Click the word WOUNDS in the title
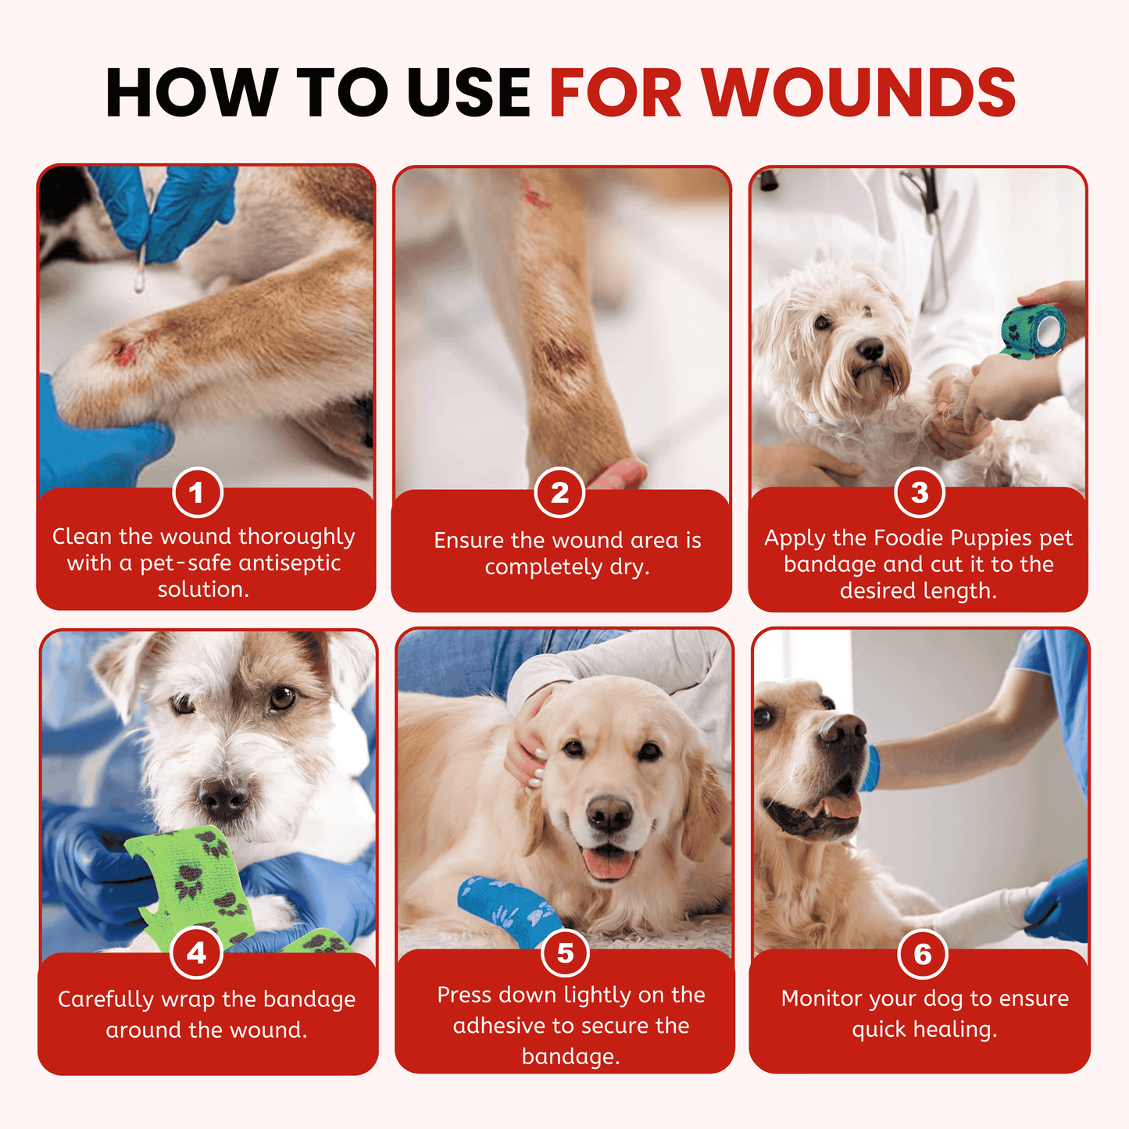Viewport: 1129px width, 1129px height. tap(859, 92)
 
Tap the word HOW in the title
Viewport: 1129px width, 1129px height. tap(191, 92)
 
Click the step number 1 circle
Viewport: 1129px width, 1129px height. tap(197, 493)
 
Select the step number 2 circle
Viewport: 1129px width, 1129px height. tap(559, 493)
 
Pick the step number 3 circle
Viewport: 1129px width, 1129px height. tap(920, 492)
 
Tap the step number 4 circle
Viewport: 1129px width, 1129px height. tap(196, 953)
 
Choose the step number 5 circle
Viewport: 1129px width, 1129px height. tap(566, 953)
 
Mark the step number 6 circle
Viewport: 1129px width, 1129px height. tap(923, 954)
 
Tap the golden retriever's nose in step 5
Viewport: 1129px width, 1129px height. tap(609, 815)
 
